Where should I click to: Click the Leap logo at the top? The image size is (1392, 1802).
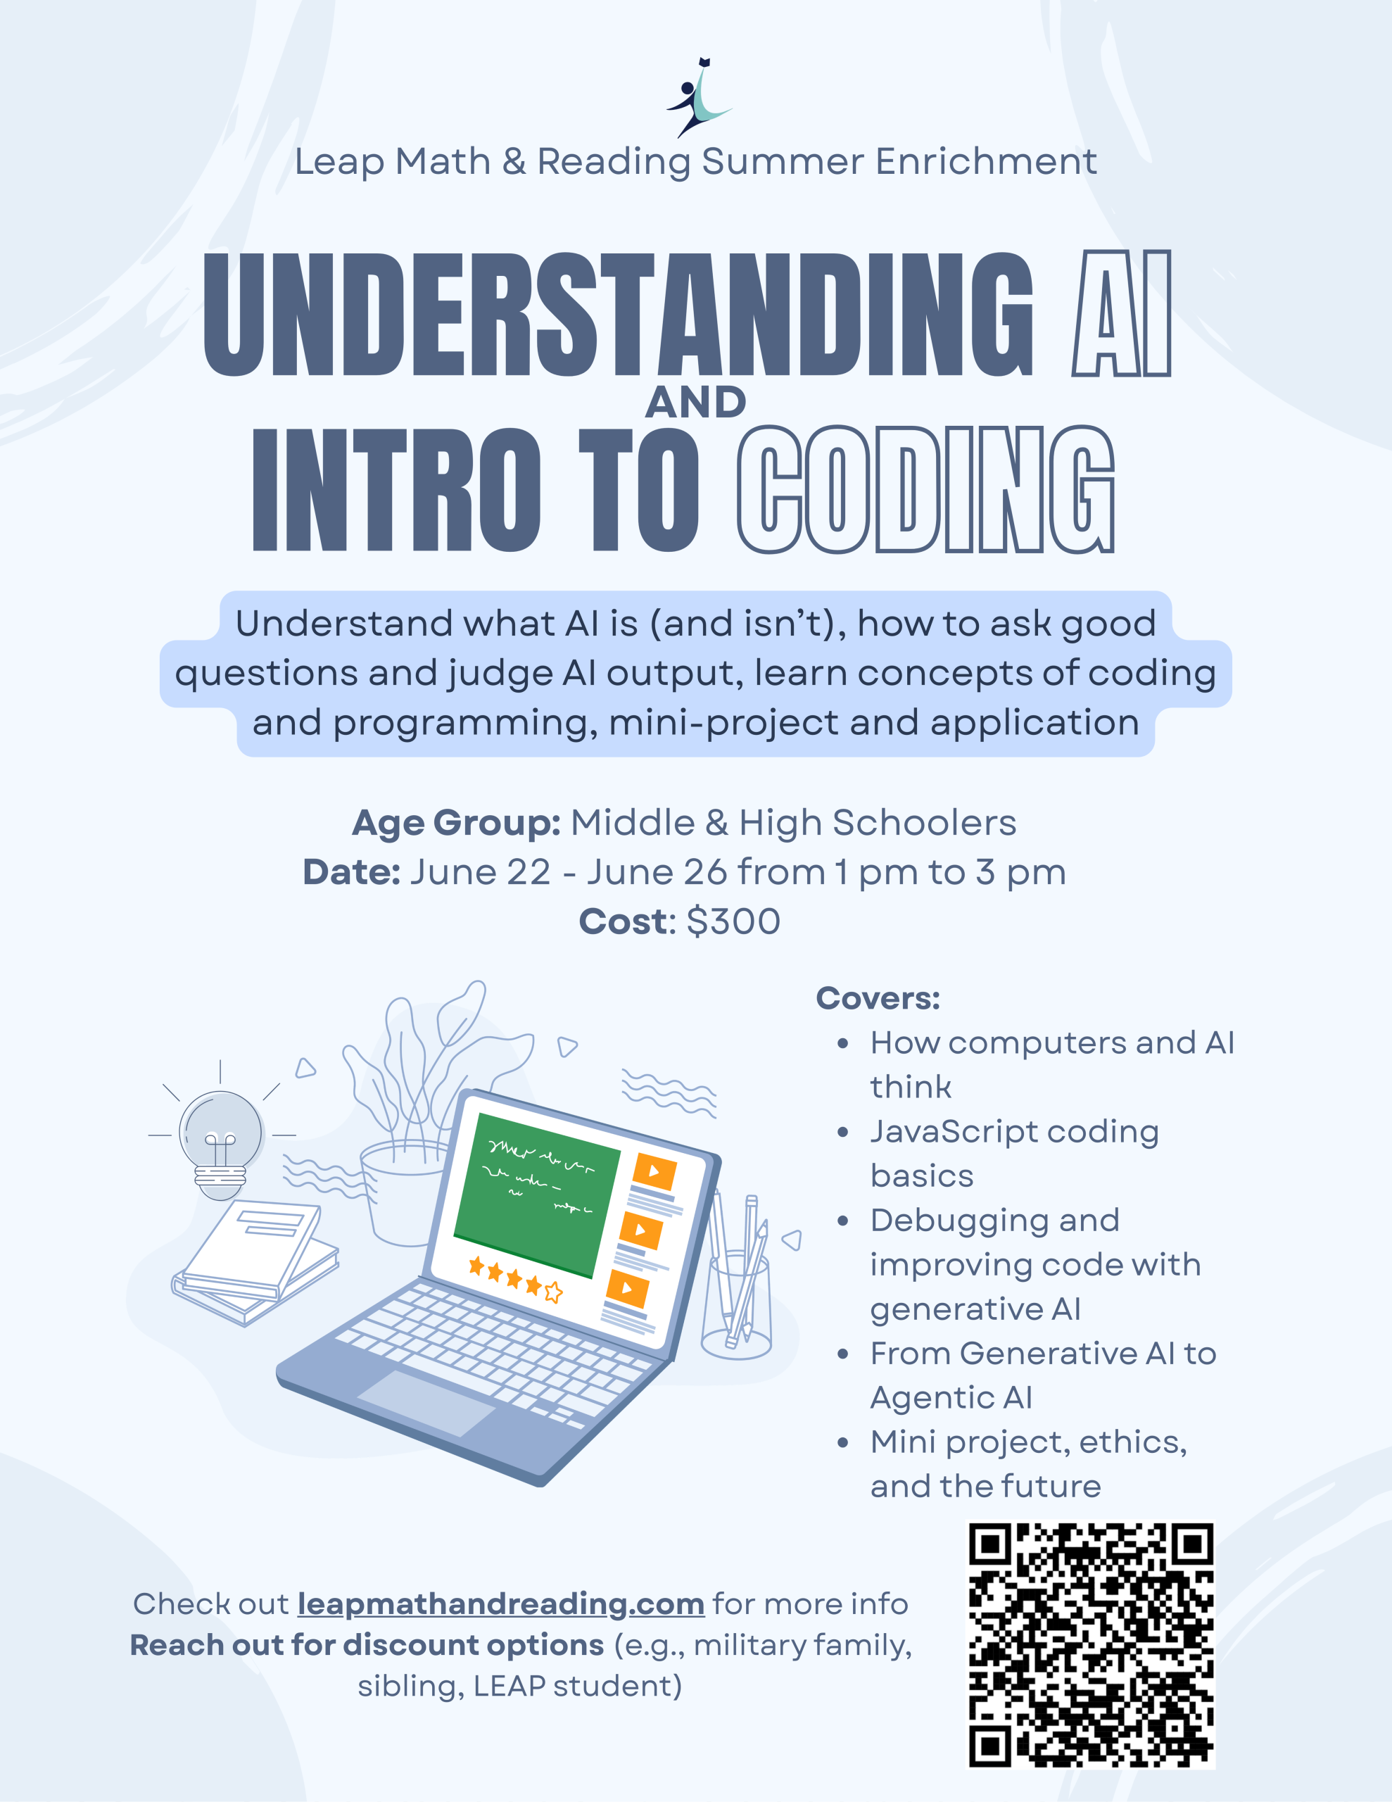[699, 97]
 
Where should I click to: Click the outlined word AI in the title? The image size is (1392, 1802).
[1121, 313]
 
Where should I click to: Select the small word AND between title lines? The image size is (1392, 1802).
[695, 403]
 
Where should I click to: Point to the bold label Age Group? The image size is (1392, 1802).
[456, 824]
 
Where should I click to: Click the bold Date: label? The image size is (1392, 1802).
[351, 872]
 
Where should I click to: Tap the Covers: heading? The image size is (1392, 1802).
[878, 998]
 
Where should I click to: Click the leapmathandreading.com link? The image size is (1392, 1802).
[501, 1604]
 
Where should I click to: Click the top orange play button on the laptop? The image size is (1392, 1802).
[655, 1171]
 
